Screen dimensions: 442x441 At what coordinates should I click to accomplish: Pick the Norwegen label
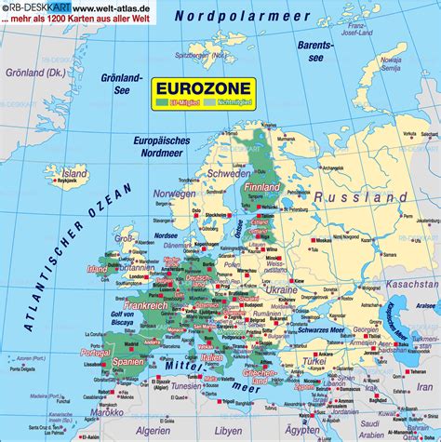[174, 194]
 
